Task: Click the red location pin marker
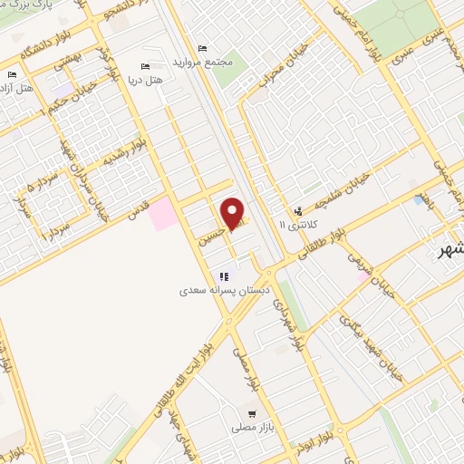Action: (233, 214)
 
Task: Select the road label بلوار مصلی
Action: (243, 368)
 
